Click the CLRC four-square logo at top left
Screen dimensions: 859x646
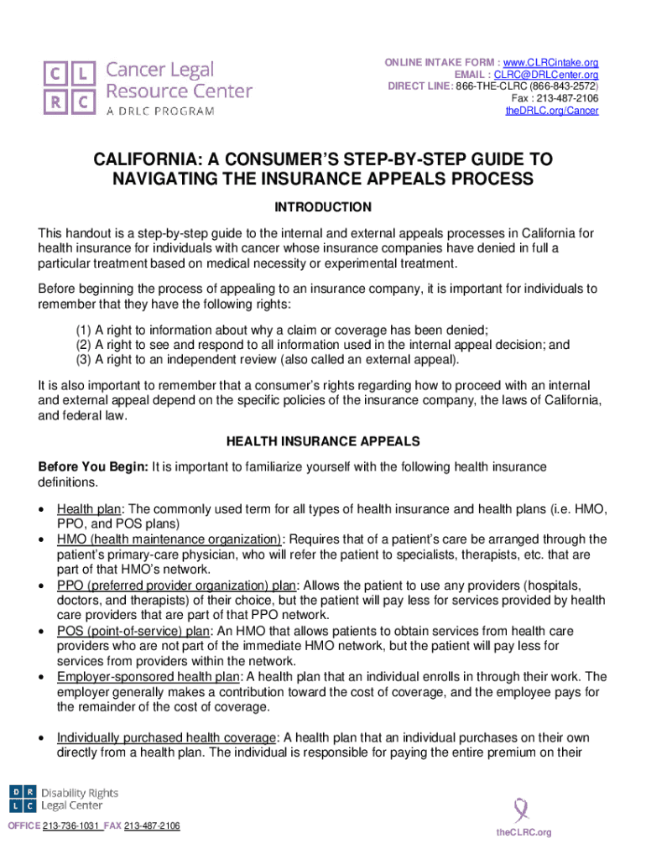pyautogui.click(x=70, y=86)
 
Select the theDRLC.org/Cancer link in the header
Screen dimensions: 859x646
pyautogui.click(x=553, y=110)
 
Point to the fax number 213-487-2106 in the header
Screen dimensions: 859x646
pyautogui.click(x=570, y=98)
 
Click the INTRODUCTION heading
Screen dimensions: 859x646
pyautogui.click(x=323, y=207)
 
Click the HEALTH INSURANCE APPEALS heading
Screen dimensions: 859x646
pyautogui.click(x=323, y=440)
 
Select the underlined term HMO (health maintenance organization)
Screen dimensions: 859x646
pyautogui.click(x=169, y=539)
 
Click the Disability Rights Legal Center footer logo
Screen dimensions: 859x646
pyautogui.click(x=64, y=799)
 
